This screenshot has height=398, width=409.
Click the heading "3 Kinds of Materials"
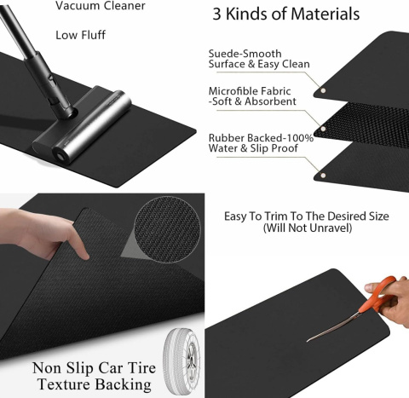[286, 14]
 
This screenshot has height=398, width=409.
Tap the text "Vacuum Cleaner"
[101, 6]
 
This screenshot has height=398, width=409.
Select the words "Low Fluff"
[80, 35]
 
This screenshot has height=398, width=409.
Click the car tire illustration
[181, 361]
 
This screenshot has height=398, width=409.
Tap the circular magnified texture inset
[168, 229]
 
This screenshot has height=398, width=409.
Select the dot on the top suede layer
[323, 90]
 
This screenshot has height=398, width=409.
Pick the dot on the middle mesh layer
[323, 129]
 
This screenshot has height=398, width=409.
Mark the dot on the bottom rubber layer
[323, 175]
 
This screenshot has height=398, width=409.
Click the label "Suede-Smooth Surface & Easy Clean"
[259, 59]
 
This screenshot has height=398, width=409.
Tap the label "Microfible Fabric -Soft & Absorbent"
[252, 96]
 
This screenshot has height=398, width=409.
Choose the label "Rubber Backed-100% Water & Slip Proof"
[261, 143]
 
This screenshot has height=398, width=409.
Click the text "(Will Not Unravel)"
[308, 228]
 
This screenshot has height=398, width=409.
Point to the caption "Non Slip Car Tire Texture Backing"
[94, 376]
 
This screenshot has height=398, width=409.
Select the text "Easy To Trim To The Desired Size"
[307, 216]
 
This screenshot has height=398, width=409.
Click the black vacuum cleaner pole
[37, 61]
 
